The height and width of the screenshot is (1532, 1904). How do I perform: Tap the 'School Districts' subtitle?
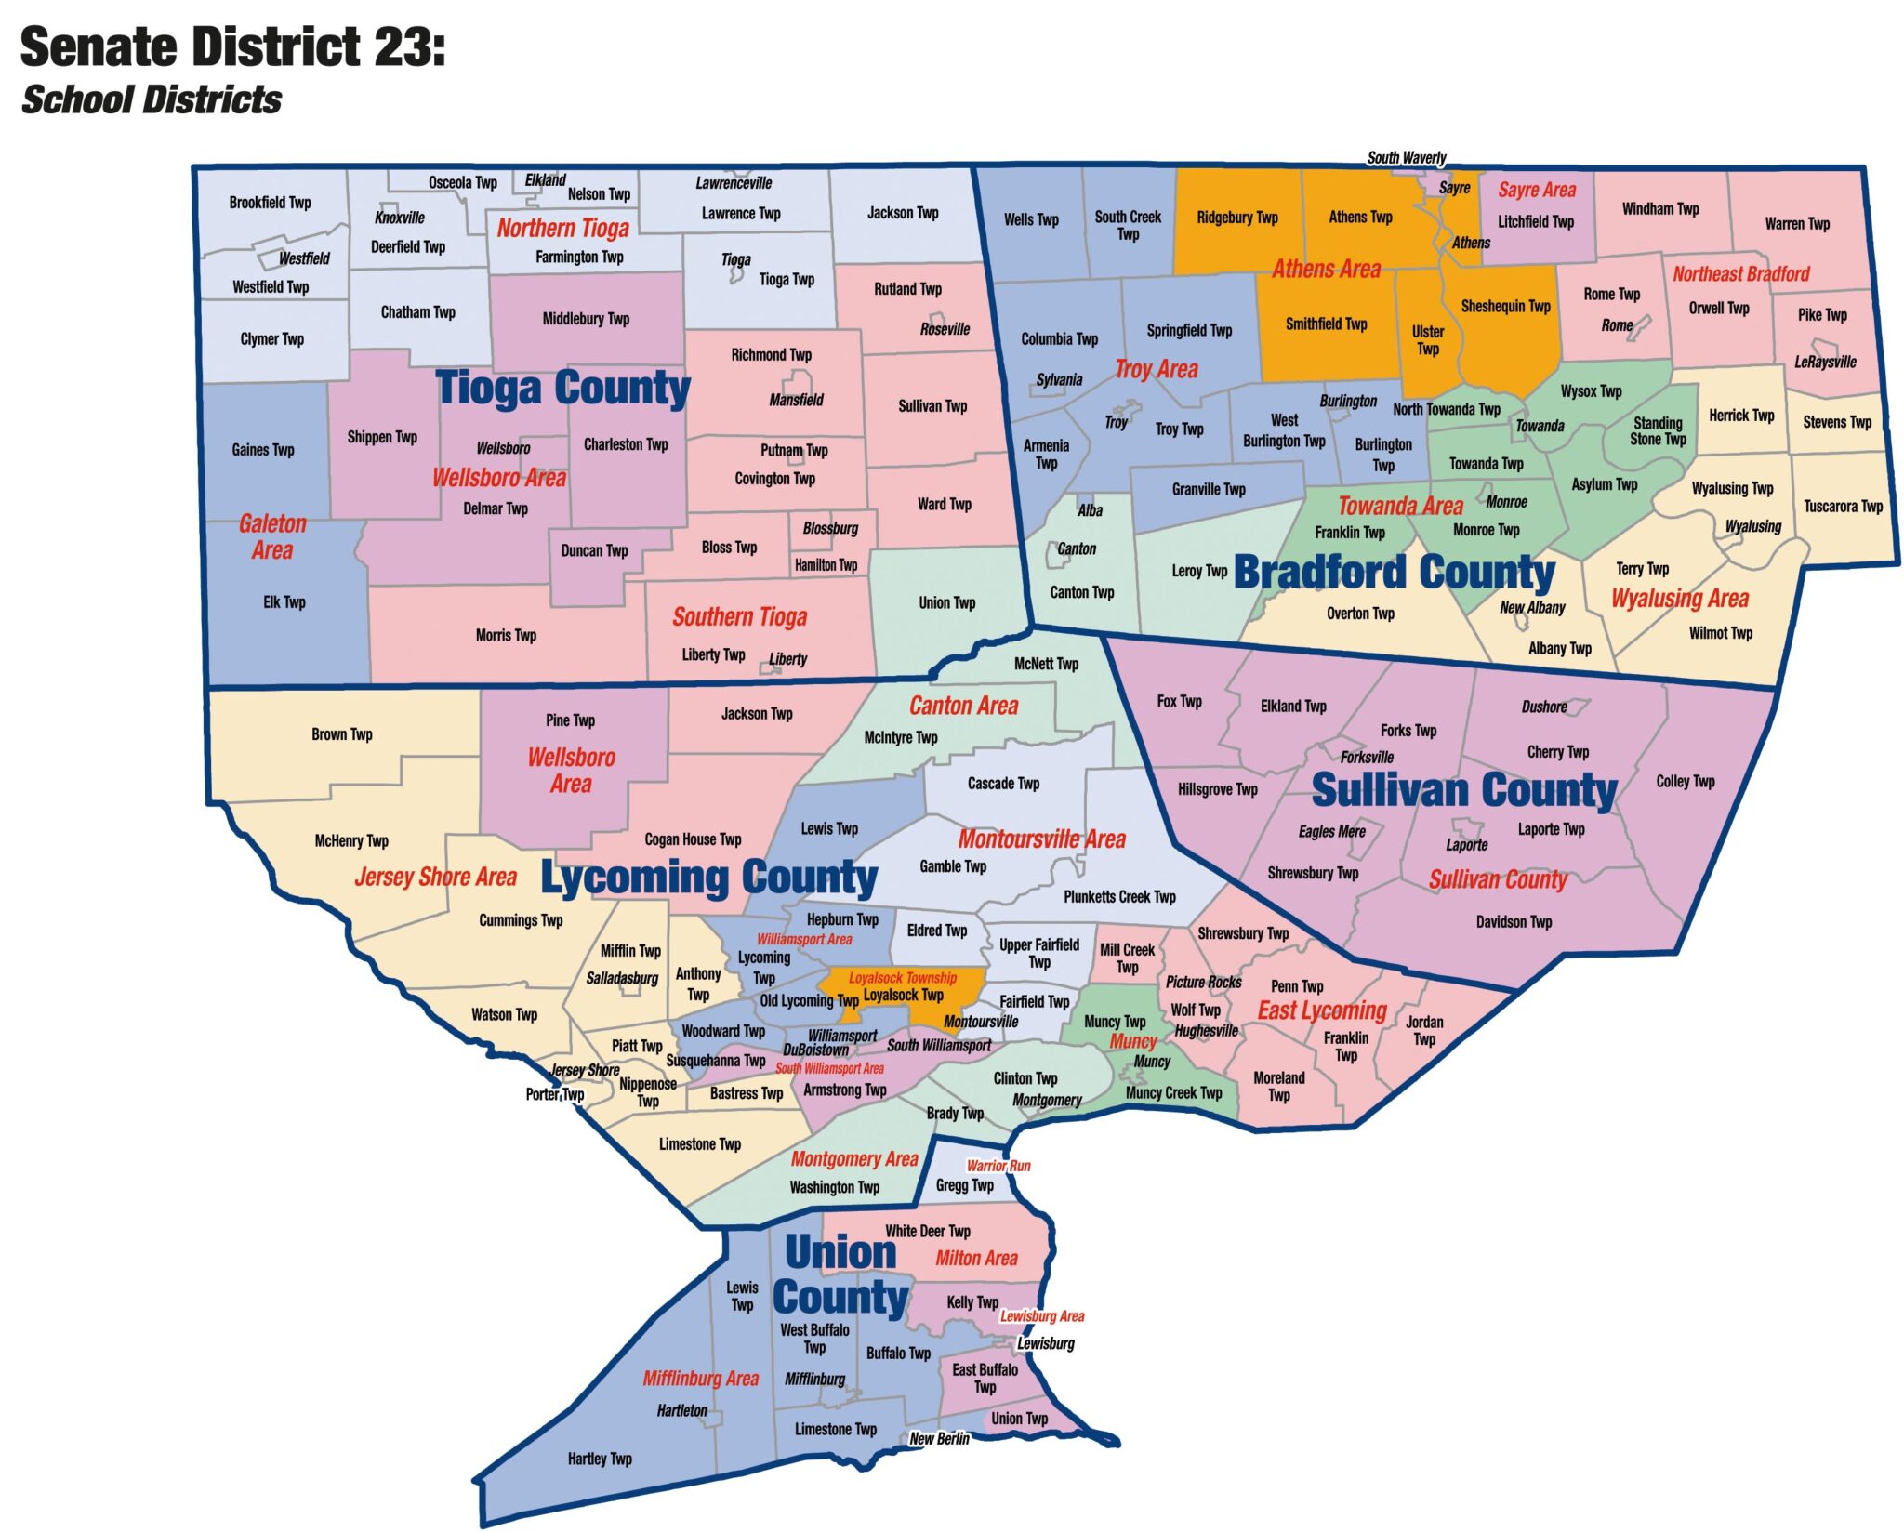151,99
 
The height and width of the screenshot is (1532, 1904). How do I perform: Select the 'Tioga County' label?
562,388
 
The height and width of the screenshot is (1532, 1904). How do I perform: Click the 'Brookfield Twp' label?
270,203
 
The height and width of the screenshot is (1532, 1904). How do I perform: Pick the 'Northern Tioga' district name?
562,228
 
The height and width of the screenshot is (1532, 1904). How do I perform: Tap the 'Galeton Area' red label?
272,536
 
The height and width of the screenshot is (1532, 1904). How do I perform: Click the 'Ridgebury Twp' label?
1236,218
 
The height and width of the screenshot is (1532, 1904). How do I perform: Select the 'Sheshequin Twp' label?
1505,306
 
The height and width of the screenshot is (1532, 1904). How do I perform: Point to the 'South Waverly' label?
1406,157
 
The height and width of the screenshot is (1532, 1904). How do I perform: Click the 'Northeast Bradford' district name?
1740,273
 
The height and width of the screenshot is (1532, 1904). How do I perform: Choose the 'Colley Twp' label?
1685,781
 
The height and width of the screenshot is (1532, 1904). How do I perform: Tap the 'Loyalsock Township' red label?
902,978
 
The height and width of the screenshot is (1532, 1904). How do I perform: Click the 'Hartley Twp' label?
600,1459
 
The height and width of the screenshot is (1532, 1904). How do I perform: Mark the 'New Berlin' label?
939,1438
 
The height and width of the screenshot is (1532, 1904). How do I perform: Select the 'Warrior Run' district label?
998,1166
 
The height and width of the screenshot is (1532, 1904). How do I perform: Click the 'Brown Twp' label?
341,734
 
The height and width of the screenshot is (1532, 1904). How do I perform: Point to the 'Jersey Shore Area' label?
435,877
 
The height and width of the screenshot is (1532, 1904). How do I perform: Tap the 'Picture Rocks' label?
1203,982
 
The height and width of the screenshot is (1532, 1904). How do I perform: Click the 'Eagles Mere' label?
1331,831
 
